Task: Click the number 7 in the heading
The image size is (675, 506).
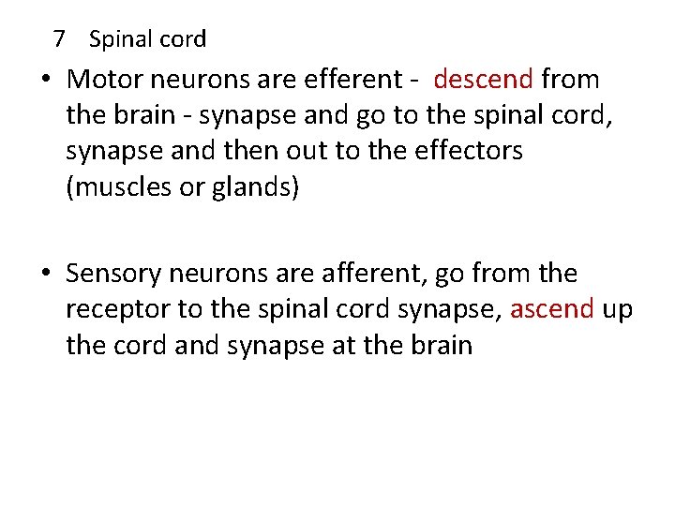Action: coord(60,39)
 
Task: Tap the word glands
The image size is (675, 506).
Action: coord(253,186)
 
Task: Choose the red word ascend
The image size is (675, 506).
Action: coord(552,310)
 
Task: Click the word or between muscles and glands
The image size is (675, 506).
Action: coord(194,186)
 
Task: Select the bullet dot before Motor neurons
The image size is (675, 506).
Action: coord(46,80)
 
